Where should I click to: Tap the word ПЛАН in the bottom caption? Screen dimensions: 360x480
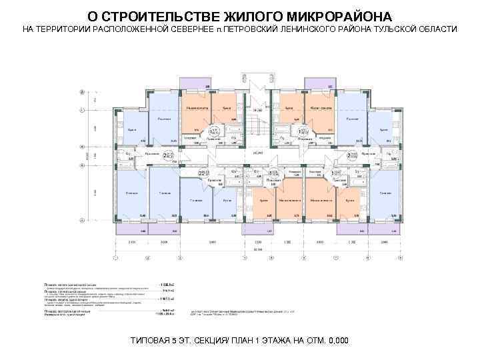tap(243, 341)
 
